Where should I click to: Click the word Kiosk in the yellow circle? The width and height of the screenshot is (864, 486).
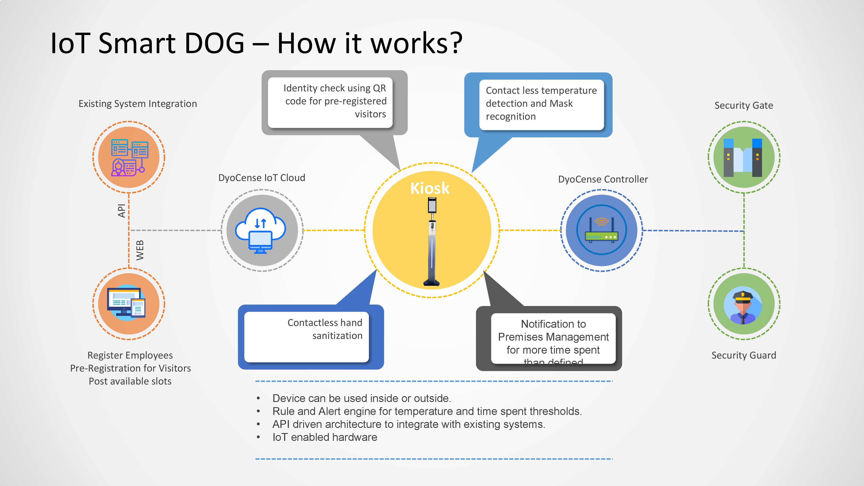(x=430, y=188)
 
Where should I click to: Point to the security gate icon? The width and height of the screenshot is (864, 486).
(x=743, y=157)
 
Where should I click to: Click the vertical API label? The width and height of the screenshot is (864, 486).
(x=121, y=211)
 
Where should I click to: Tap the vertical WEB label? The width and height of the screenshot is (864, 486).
(x=140, y=250)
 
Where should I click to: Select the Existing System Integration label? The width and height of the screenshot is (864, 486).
(x=137, y=104)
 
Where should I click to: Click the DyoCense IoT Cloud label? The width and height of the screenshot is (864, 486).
(x=262, y=178)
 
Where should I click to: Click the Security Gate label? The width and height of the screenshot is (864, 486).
(x=744, y=106)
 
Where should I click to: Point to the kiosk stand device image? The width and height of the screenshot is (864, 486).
(x=432, y=241)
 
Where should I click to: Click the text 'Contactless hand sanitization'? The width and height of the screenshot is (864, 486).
(x=325, y=329)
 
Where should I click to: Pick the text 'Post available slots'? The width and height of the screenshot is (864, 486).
(x=130, y=381)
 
